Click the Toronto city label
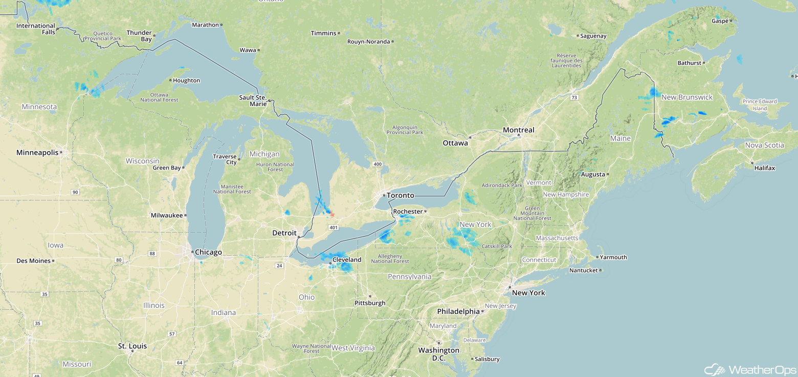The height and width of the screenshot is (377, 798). click(400, 195)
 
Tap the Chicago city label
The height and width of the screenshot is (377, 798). click(208, 252)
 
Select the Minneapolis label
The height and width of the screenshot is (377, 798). click(38, 153)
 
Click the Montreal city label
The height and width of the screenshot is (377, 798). click(518, 130)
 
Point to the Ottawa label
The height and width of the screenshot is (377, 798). click(455, 143)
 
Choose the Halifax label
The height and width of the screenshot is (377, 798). click(764, 168)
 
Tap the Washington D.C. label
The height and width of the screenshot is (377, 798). click(438, 354)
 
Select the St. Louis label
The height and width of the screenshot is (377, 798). click(132, 346)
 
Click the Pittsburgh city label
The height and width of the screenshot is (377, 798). click(370, 303)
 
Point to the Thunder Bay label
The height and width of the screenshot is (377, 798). click(139, 36)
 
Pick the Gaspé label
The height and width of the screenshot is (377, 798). click(720, 21)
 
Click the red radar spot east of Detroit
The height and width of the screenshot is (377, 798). click(331, 214)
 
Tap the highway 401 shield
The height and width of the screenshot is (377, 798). click(334, 227)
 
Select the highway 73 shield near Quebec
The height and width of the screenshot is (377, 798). click(574, 97)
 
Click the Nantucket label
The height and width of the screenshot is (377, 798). click(583, 270)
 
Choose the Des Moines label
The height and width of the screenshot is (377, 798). click(34, 261)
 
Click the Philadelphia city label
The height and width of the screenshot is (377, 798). click(458, 311)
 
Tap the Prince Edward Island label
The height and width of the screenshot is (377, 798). click(760, 105)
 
